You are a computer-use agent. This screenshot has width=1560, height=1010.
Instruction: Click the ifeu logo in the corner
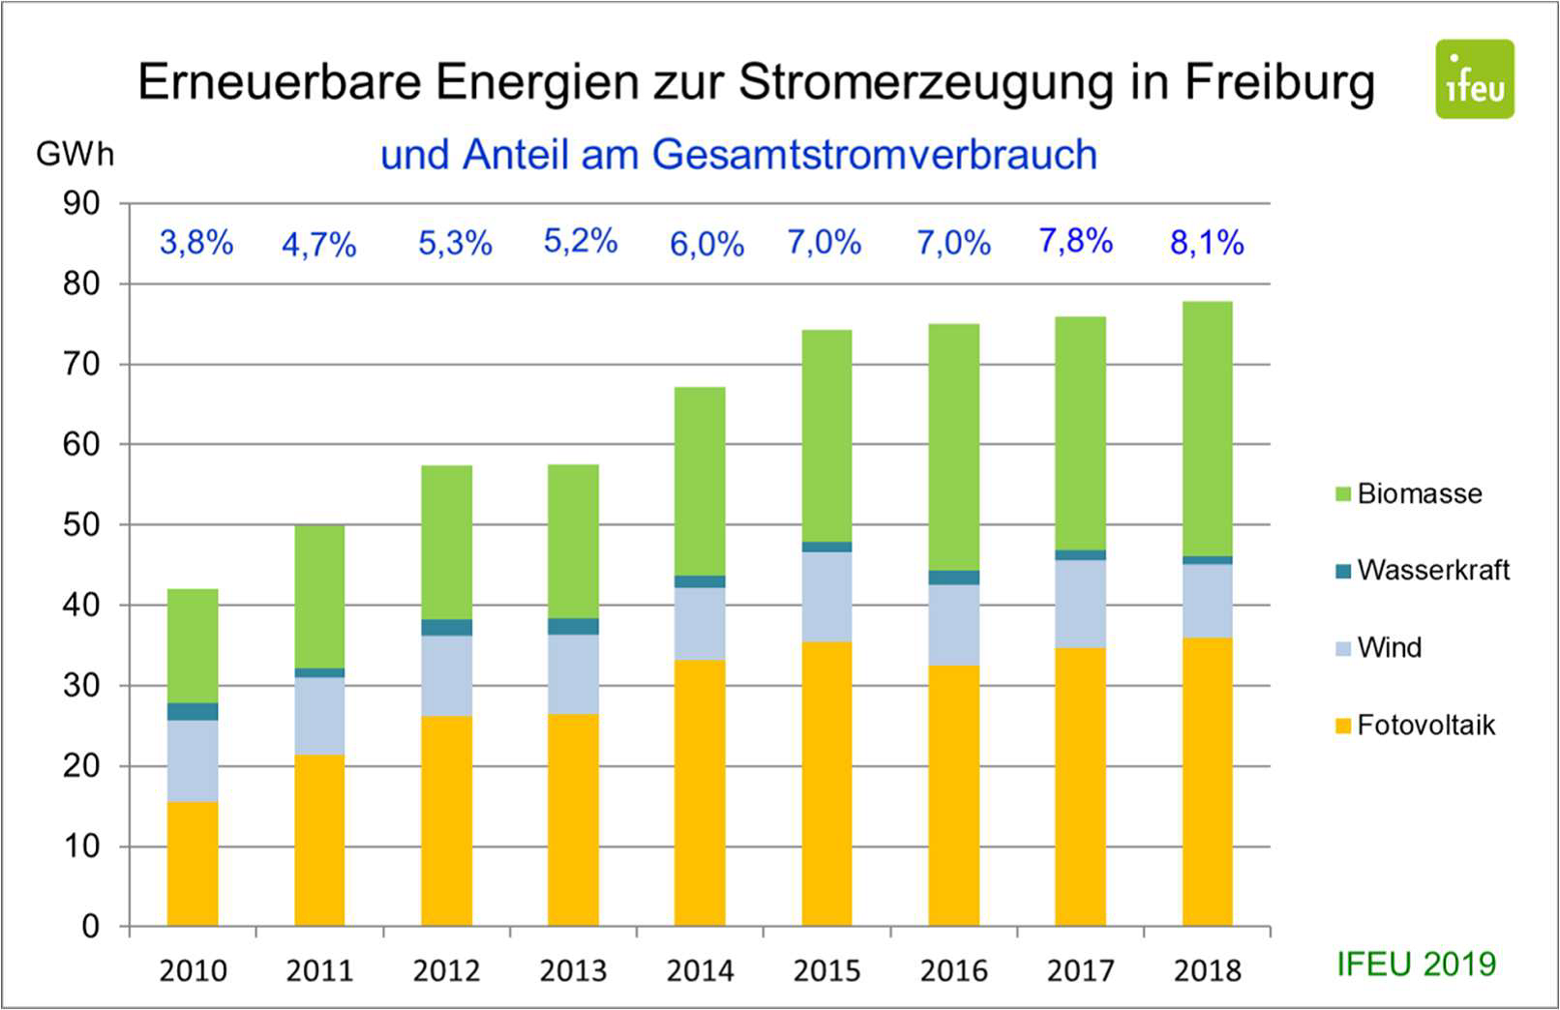point(1474,79)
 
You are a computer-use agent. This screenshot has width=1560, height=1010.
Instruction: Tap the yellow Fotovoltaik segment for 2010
point(193,863)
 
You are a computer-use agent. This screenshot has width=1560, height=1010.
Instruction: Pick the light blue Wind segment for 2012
point(446,675)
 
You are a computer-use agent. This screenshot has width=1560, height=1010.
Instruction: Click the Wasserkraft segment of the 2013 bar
point(573,626)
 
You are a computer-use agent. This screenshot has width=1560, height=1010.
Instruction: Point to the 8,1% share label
point(1207,242)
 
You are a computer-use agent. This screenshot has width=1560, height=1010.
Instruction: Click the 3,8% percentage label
point(196,242)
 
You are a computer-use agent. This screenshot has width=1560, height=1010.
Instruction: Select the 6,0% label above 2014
point(706,244)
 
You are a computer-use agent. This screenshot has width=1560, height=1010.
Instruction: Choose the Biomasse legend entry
point(1418,493)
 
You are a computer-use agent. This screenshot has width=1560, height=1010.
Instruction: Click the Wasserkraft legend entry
point(1432,570)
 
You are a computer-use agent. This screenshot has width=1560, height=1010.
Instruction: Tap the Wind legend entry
point(1389,647)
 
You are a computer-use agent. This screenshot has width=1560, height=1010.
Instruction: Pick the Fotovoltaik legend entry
point(1425,725)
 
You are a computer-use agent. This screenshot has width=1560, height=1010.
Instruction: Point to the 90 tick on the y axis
point(82,203)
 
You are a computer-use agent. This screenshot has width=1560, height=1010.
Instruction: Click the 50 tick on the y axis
point(82,525)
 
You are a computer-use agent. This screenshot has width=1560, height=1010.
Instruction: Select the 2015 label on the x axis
point(826,970)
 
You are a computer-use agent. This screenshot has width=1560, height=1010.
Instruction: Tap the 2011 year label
point(319,970)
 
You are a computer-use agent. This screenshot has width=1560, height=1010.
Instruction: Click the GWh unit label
point(75,154)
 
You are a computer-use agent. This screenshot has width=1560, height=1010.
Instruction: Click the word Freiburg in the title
point(1279,81)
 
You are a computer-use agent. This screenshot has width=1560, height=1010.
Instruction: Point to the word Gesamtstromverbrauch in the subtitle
point(874,155)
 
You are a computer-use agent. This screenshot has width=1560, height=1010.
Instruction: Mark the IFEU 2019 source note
point(1416,964)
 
